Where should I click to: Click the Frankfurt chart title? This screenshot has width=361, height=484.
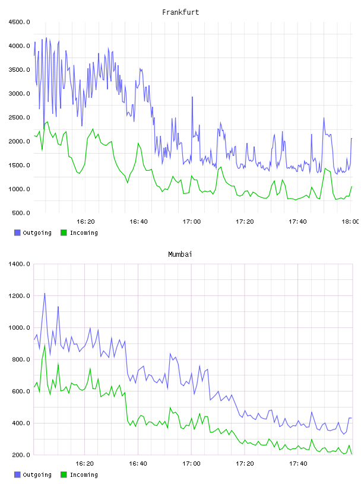pyautogui.click(x=180, y=12)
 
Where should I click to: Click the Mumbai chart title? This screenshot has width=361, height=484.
pyautogui.click(x=180, y=254)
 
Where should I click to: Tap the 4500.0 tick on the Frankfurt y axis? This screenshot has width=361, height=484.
pyautogui.click(x=19, y=22)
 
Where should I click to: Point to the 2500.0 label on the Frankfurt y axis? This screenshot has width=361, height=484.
pyautogui.click(x=19, y=117)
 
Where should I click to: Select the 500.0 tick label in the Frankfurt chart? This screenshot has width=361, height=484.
pyautogui.click(x=21, y=213)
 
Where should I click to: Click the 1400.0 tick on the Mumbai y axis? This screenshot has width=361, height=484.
pyautogui.click(x=19, y=264)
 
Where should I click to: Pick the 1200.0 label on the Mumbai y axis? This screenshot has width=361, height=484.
pyautogui.click(x=19, y=296)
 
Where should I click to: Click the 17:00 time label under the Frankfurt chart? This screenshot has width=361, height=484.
pyautogui.click(x=192, y=221)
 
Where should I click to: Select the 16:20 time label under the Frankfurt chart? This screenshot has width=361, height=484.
pyautogui.click(x=85, y=221)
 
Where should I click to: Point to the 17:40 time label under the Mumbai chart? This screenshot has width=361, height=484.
pyautogui.click(x=297, y=463)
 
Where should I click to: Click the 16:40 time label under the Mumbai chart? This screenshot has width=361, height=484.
pyautogui.click(x=138, y=463)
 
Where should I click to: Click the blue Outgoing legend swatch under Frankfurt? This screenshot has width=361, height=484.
pyautogui.click(x=17, y=233)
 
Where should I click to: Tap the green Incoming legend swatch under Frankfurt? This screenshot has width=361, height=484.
pyautogui.click(x=64, y=233)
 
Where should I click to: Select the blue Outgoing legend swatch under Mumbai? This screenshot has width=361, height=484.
pyautogui.click(x=17, y=475)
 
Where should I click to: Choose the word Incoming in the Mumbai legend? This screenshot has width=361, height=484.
pyautogui.click(x=84, y=475)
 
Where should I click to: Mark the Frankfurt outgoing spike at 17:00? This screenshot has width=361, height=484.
pyautogui.click(x=192, y=97)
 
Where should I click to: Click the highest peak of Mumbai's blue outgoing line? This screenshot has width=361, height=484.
pyautogui.click(x=45, y=293)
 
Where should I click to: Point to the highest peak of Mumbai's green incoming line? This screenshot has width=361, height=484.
pyautogui.click(x=45, y=345)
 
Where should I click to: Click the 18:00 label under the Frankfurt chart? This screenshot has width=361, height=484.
pyautogui.click(x=350, y=221)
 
